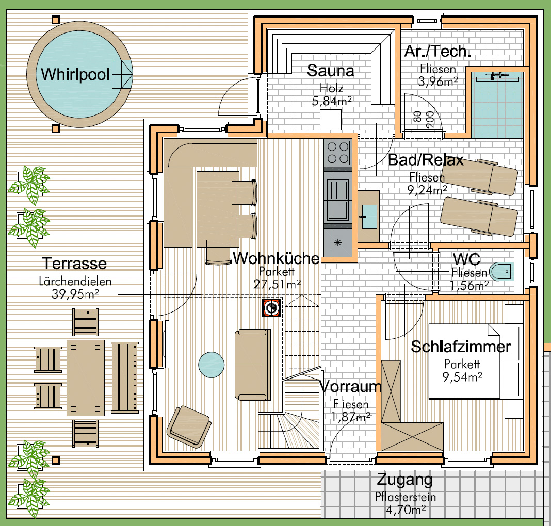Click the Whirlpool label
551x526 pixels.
coord(75,74)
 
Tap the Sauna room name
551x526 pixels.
coord(330,71)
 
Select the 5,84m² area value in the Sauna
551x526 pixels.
coord(332,101)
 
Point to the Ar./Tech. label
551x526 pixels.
coord(437,51)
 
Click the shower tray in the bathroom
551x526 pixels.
coord(497,105)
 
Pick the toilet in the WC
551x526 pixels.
coord(501,271)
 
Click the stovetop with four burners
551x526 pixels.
coord(338,153)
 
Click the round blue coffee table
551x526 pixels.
coord(211,365)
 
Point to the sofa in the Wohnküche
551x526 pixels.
coord(253,365)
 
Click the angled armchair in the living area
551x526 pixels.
coord(189,426)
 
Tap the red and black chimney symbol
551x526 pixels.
coord(272,307)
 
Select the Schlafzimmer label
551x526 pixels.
coord(461,347)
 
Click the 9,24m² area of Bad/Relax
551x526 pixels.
coord(427,190)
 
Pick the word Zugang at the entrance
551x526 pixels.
coord(404,480)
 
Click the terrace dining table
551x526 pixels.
coord(86,378)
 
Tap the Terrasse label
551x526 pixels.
coord(74,264)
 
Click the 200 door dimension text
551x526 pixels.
coord(429,119)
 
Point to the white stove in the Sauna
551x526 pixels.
coord(331,120)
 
